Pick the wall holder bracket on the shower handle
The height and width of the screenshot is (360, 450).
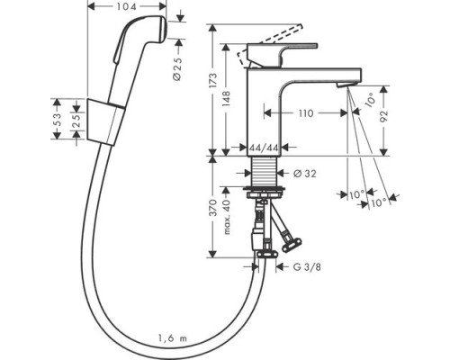105,121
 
